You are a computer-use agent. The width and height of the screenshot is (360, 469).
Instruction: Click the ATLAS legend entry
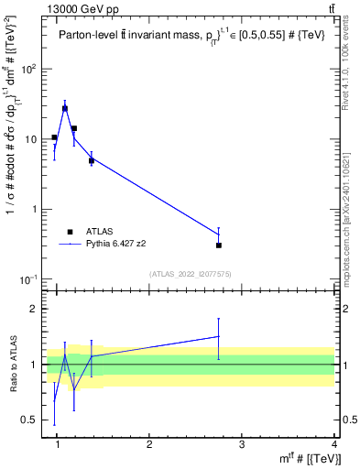pyautogui.click(x=98, y=232)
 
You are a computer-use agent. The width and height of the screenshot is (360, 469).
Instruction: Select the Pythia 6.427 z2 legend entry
pyautogui.click(x=117, y=244)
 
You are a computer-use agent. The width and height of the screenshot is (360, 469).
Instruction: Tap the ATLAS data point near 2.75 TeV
pyautogui.click(x=219, y=245)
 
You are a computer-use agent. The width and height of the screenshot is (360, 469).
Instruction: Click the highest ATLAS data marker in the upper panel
pyautogui.click(x=65, y=108)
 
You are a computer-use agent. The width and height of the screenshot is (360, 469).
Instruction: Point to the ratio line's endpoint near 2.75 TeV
pyautogui.click(x=218, y=336)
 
